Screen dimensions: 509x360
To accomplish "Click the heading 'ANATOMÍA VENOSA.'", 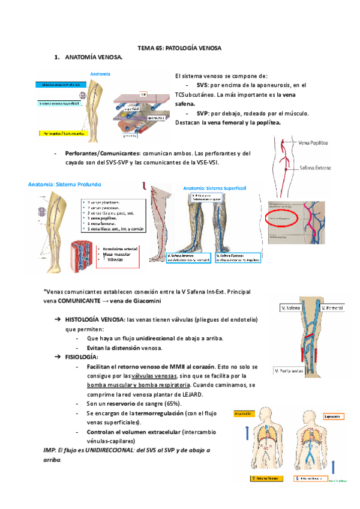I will [93, 57].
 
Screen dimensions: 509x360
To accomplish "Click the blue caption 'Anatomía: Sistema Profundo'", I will [65, 184].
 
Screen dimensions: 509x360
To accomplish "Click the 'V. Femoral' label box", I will [332, 308].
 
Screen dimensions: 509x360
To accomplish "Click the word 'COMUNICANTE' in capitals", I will [80, 300].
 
